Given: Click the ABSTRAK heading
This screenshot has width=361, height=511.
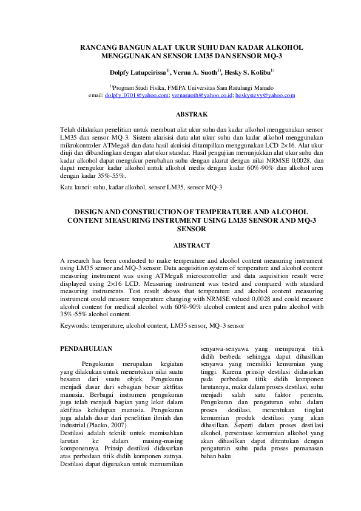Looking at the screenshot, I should tap(192, 114).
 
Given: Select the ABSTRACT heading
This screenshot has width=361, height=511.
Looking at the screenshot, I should tap(192, 245).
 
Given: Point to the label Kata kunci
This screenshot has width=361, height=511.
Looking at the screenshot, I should tap(75, 188).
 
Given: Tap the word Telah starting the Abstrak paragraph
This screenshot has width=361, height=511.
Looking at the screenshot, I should tap(68, 130).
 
